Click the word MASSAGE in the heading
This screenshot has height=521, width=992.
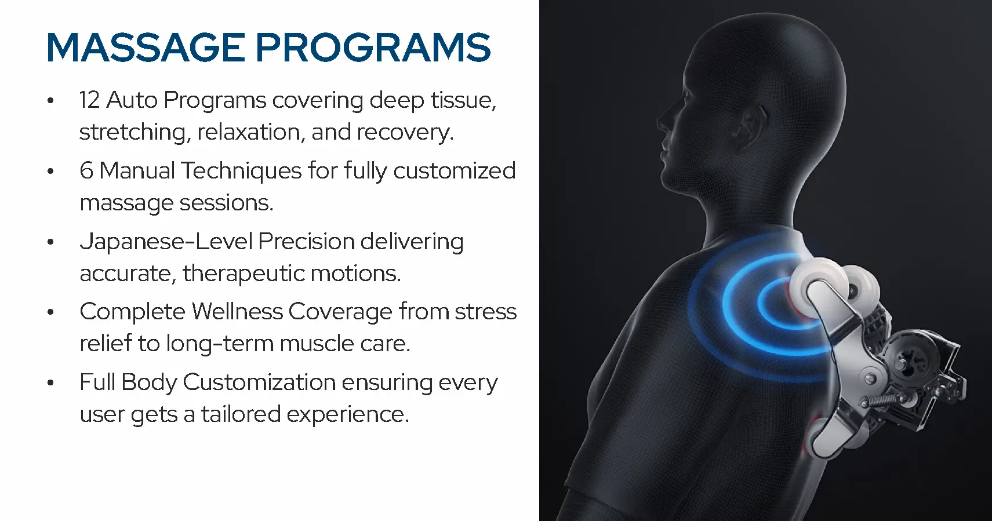146,48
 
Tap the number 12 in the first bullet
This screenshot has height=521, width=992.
89,100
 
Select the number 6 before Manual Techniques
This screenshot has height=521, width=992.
86,171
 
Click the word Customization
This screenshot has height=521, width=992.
259,382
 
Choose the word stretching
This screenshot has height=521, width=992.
133,133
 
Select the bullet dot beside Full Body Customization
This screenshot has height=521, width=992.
51,383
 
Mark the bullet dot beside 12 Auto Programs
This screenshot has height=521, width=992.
51,101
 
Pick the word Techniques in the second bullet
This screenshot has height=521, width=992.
241,171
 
